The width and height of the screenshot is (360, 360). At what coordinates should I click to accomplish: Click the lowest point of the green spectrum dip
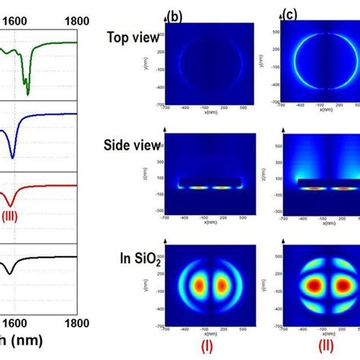(28, 94)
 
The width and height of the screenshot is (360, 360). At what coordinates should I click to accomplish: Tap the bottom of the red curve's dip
(9, 204)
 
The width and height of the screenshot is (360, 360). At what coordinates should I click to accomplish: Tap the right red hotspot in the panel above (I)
(222, 286)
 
